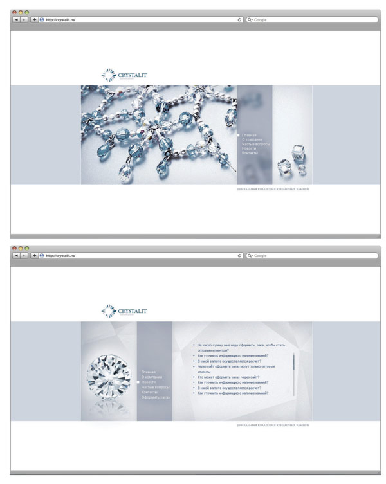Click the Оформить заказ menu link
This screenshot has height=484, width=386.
click(x=156, y=397)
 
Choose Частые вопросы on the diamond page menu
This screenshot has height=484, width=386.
click(x=156, y=387)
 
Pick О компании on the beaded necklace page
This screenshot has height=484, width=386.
click(x=253, y=139)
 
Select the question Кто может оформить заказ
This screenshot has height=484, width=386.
click(x=228, y=377)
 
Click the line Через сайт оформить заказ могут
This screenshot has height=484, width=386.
click(x=236, y=366)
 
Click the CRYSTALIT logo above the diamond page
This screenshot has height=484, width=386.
click(x=125, y=312)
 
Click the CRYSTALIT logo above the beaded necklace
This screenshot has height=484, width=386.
click(x=125, y=76)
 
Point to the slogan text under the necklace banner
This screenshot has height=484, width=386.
click(x=272, y=190)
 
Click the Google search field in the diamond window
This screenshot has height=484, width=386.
click(x=312, y=255)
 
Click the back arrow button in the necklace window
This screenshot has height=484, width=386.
click(x=15, y=20)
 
